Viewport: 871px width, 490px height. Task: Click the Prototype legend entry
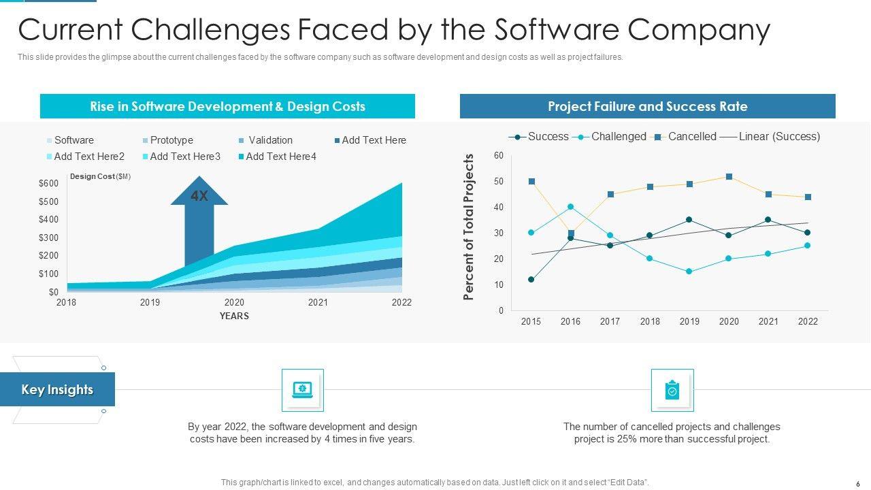point(171,140)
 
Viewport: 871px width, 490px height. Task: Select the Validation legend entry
point(269,140)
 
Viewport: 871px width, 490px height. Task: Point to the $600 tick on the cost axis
point(48,183)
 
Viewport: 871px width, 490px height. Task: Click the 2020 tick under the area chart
point(234,302)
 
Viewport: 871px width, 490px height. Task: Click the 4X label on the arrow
point(199,197)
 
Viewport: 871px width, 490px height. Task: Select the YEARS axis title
point(234,316)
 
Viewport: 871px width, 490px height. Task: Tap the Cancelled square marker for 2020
point(729,177)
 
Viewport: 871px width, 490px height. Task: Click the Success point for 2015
point(531,280)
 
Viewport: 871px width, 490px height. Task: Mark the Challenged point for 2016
point(571,207)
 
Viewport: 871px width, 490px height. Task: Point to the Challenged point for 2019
point(689,272)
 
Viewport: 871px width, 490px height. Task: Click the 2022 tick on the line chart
point(808,321)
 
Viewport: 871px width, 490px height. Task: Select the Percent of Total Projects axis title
point(468,227)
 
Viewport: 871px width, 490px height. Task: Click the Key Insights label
point(57,390)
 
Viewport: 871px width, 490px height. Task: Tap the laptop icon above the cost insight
point(302,390)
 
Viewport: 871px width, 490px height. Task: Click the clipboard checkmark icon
point(672,390)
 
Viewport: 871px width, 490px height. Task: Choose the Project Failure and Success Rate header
point(647,107)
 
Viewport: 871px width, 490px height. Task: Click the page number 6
point(857,483)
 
